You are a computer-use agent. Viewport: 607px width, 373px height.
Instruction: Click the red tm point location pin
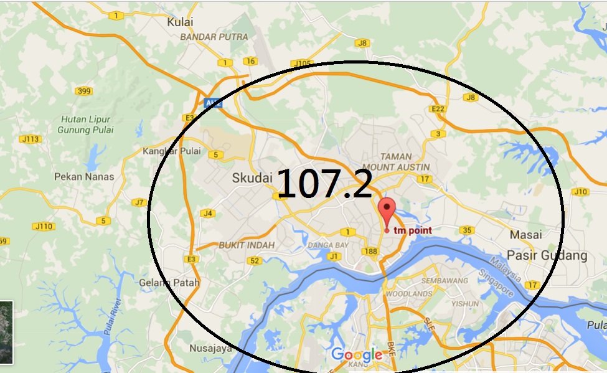coord(387,212)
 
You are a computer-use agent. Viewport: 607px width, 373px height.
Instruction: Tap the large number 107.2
coord(324,184)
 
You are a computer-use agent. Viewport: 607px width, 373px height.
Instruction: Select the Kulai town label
coord(180,22)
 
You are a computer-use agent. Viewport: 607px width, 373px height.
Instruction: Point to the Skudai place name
coord(252,178)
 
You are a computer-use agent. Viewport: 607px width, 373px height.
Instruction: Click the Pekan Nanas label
coord(84,176)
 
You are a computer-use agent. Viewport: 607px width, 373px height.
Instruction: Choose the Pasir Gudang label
coord(547,255)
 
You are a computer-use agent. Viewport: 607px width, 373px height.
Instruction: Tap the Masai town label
coord(525,235)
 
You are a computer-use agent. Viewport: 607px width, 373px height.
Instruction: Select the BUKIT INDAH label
coord(247,245)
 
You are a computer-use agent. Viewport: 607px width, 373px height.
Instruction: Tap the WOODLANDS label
coord(409,293)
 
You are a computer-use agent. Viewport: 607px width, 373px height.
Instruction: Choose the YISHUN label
coord(464,304)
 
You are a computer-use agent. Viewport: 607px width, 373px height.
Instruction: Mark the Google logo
coord(357,355)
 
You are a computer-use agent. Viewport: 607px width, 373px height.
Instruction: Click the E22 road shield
coord(440,109)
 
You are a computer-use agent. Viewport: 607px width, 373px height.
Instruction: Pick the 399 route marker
coord(83,92)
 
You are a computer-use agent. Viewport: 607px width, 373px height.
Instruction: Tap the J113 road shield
coord(29,139)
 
